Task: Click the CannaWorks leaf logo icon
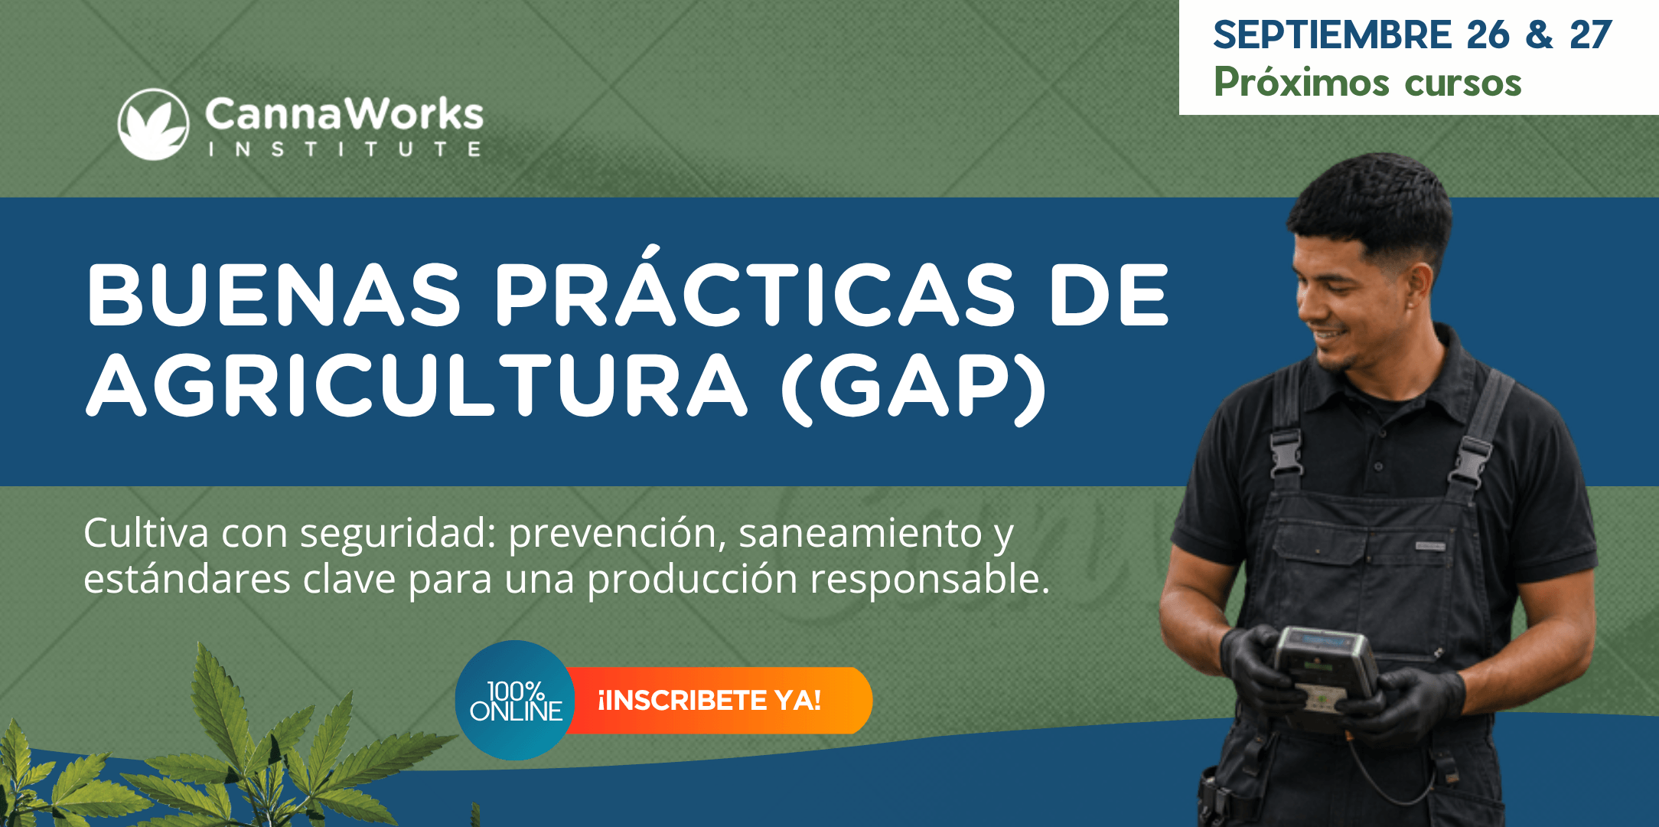(x=154, y=124)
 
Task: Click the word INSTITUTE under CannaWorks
(x=345, y=149)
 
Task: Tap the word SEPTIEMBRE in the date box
(x=1332, y=35)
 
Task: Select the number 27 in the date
(x=1591, y=35)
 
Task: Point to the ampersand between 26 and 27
(x=1539, y=35)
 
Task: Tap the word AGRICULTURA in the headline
(x=416, y=384)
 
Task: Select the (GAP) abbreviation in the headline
(x=914, y=387)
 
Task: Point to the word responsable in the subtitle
(x=930, y=579)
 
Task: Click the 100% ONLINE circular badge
(x=515, y=700)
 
